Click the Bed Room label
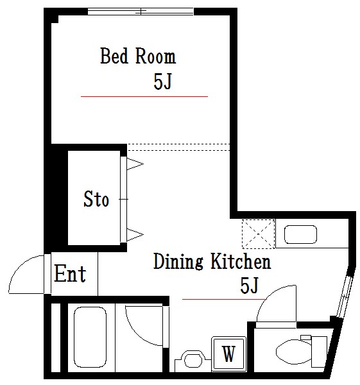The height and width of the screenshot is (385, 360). click(x=138, y=56)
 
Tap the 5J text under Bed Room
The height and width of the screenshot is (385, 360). click(x=162, y=81)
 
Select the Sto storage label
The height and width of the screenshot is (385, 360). click(x=96, y=199)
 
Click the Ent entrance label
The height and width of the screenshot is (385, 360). click(x=70, y=273)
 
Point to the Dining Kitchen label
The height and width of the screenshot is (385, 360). click(x=212, y=261)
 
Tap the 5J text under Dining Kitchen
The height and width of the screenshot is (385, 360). click(x=249, y=286)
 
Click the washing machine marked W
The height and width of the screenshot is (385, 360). click(x=229, y=354)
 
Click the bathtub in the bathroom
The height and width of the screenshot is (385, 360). click(x=90, y=337)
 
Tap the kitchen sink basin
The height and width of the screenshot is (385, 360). click(x=300, y=234)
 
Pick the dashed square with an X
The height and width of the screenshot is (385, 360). click(x=259, y=234)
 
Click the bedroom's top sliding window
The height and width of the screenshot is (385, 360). click(x=141, y=12)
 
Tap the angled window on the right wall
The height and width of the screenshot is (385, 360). click(x=344, y=296)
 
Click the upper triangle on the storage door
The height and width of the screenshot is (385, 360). click(x=135, y=164)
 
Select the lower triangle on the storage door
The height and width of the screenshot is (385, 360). click(x=135, y=234)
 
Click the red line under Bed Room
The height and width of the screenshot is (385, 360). click(x=144, y=96)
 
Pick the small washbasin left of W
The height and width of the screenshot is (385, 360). click(x=193, y=360)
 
